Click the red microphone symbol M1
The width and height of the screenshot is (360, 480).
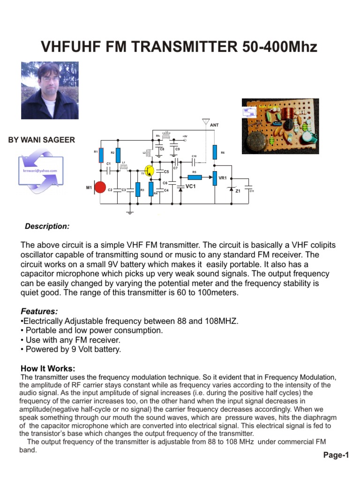pos(100,188)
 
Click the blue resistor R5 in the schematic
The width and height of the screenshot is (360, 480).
pos(195,177)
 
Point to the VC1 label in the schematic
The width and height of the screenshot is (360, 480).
pos(190,187)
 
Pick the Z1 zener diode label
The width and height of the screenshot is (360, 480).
pos(238,191)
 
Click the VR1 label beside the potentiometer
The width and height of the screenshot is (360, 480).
pos(223,178)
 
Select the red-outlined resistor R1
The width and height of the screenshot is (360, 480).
pos(101,155)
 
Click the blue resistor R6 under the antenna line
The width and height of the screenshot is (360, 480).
pos(214,152)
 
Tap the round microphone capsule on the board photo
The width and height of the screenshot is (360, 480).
pos(257,140)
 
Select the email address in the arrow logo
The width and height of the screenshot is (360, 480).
pos(40,171)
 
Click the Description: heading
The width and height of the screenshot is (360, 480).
pos(47,226)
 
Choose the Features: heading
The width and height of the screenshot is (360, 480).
pos(39,311)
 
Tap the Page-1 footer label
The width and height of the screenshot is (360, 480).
pos(336,455)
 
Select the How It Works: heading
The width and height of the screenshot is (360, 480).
pos(48,368)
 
